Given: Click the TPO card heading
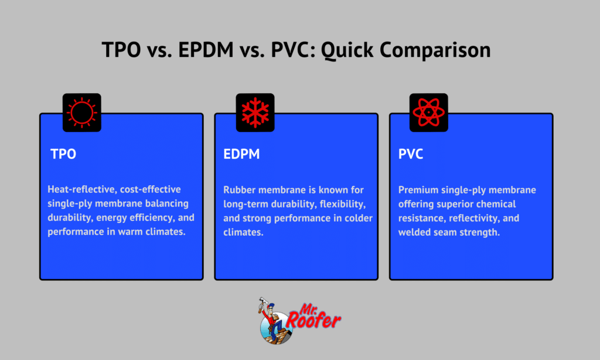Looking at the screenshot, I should [x=63, y=155].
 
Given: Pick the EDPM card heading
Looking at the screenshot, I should [x=242, y=155].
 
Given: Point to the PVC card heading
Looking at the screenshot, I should [x=412, y=155].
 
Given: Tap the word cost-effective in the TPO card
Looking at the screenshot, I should [x=153, y=190].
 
